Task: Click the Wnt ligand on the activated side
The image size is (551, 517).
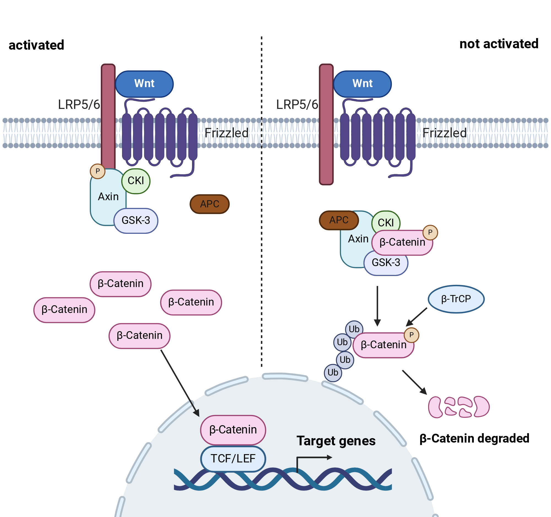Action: click(x=144, y=84)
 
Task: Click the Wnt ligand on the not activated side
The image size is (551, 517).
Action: click(x=362, y=84)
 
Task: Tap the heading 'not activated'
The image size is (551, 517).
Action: click(x=499, y=44)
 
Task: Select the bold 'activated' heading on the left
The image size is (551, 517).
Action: click(x=36, y=45)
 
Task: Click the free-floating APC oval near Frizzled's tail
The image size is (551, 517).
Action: click(x=210, y=204)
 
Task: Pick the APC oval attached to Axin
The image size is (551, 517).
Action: click(x=339, y=220)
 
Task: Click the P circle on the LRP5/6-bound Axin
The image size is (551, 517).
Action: click(x=98, y=171)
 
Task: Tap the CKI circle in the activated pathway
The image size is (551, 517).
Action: click(x=136, y=181)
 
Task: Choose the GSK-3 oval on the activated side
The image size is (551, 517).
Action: click(x=136, y=221)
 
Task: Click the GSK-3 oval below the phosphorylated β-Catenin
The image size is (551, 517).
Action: click(x=386, y=263)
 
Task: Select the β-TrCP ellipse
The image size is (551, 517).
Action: click(x=456, y=299)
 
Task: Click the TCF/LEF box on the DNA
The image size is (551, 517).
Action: click(x=233, y=459)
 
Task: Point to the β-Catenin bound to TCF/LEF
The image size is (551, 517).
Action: click(x=233, y=430)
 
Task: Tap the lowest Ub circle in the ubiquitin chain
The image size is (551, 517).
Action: click(x=333, y=373)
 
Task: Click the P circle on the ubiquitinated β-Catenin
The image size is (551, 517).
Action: click(x=411, y=335)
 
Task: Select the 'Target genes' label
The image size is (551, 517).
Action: click(x=336, y=441)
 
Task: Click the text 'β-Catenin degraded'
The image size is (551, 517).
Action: click(x=474, y=438)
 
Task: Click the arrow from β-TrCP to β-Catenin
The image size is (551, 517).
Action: click(x=416, y=317)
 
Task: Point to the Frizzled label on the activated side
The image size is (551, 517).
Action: click(x=226, y=133)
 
